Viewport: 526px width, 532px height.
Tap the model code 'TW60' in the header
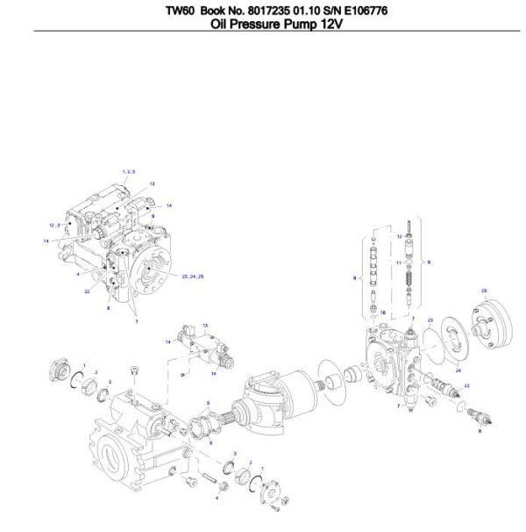pyautogui.click(x=181, y=11)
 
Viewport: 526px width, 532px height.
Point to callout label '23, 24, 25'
pyautogui.click(x=193, y=276)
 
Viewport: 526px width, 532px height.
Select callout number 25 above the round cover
pyautogui.click(x=484, y=289)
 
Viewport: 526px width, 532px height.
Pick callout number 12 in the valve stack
pyautogui.click(x=399, y=236)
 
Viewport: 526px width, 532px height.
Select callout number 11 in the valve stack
pyautogui.click(x=399, y=262)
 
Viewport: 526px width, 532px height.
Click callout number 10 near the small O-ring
pyautogui.click(x=382, y=312)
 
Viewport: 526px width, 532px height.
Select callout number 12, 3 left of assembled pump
pyautogui.click(x=54, y=225)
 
